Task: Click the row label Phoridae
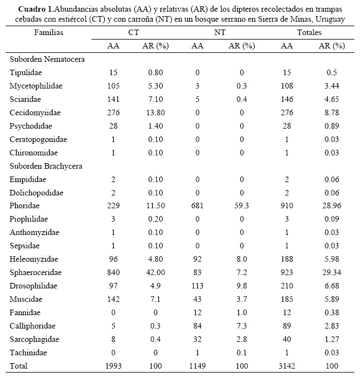coord(26,205)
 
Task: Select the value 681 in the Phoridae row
coord(197,205)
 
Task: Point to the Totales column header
coord(309,33)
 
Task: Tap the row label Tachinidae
coord(28,352)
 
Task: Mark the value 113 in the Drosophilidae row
coord(197,286)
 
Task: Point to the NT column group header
coord(220,33)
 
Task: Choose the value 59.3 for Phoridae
coord(241,205)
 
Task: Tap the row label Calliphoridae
coord(31,326)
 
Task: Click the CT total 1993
coord(114,366)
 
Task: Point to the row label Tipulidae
coord(26,72)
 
